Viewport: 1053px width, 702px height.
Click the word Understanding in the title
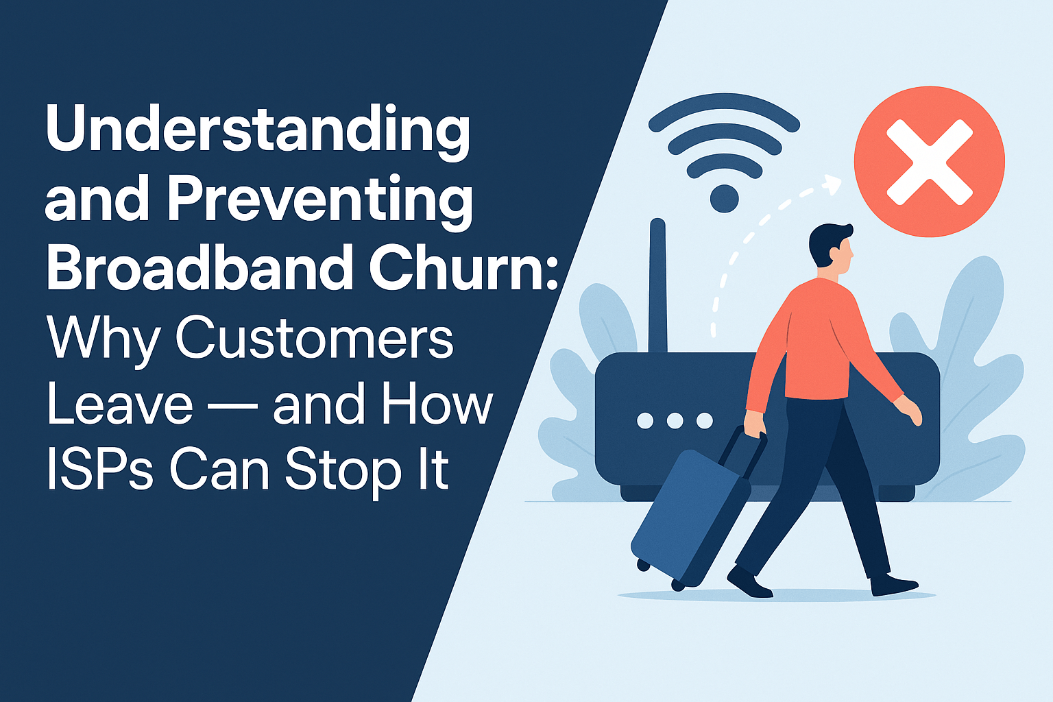[x=258, y=130]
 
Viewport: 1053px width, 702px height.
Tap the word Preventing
[x=320, y=199]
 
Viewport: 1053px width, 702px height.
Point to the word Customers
[x=315, y=337]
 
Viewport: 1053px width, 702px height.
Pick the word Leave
[x=120, y=404]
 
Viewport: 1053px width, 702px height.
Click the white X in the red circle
[x=929, y=162]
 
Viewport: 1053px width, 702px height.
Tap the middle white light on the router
[x=675, y=420]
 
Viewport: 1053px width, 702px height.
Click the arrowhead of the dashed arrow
[x=832, y=184]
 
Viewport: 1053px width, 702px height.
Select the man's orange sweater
[x=823, y=336]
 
